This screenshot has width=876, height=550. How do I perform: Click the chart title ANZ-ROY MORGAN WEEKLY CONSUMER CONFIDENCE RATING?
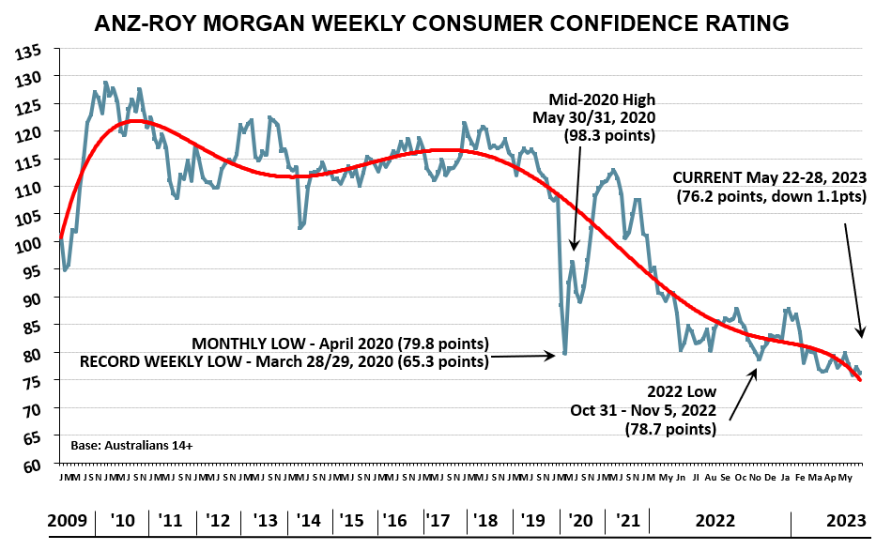pyautogui.click(x=442, y=23)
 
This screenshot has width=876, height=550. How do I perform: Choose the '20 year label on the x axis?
pyautogui.click(x=582, y=520)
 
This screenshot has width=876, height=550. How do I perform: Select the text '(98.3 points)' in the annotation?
pyautogui.click(x=609, y=135)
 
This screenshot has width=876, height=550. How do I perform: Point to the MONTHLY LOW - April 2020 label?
pyautogui.click(x=340, y=342)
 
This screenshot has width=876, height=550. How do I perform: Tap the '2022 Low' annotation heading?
pyautogui.click(x=683, y=391)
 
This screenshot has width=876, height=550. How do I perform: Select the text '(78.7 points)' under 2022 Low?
pyautogui.click(x=670, y=429)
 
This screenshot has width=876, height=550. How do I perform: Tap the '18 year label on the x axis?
pyautogui.click(x=486, y=520)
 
